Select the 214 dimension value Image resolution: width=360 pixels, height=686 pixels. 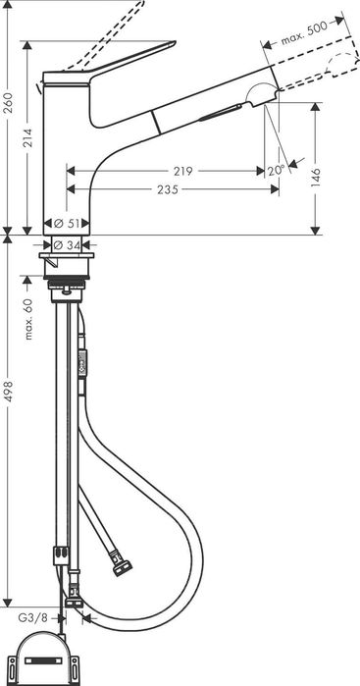click(x=28, y=138)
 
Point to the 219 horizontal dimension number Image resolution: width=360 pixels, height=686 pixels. click(x=182, y=171)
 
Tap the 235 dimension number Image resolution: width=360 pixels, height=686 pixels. click(x=168, y=189)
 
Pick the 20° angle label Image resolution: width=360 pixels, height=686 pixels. click(x=277, y=171)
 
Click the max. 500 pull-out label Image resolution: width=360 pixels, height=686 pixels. click(x=304, y=33)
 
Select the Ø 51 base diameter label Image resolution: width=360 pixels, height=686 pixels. click(x=67, y=223)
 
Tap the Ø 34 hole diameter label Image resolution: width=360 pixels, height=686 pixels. click(x=67, y=246)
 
